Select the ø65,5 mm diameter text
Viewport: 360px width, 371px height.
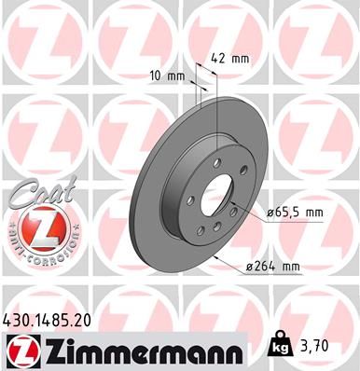tap(296, 213)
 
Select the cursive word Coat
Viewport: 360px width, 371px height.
tap(35, 192)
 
